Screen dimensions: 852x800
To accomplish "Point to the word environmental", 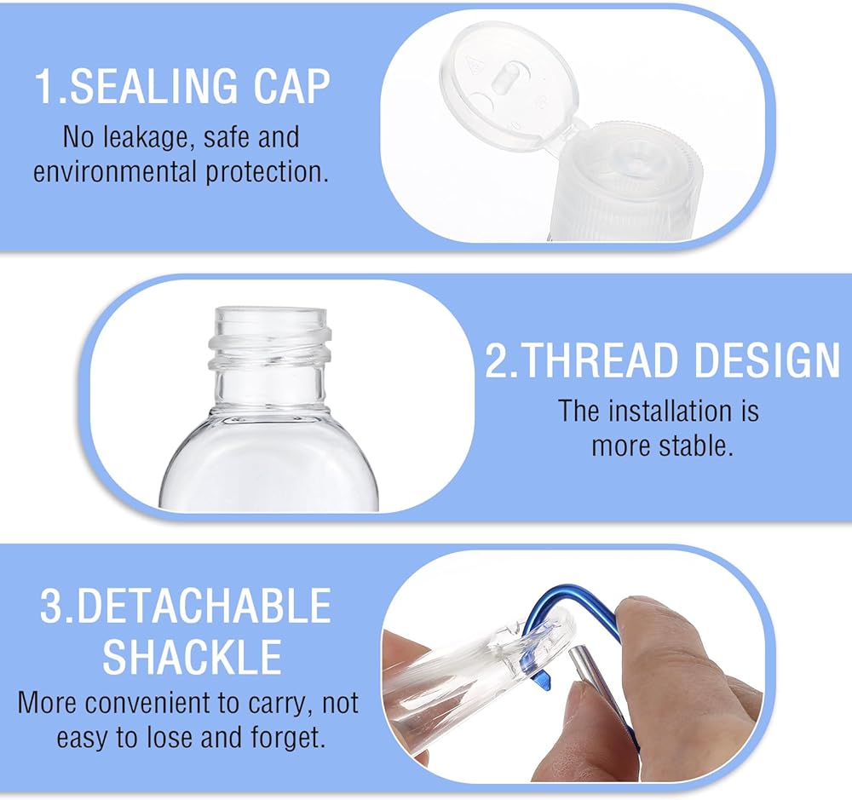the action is click(114, 172).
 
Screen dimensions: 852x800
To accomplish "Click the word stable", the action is click(696, 446).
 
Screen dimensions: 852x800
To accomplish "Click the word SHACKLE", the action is click(192, 657).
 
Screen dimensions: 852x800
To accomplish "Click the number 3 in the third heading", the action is click(52, 606).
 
